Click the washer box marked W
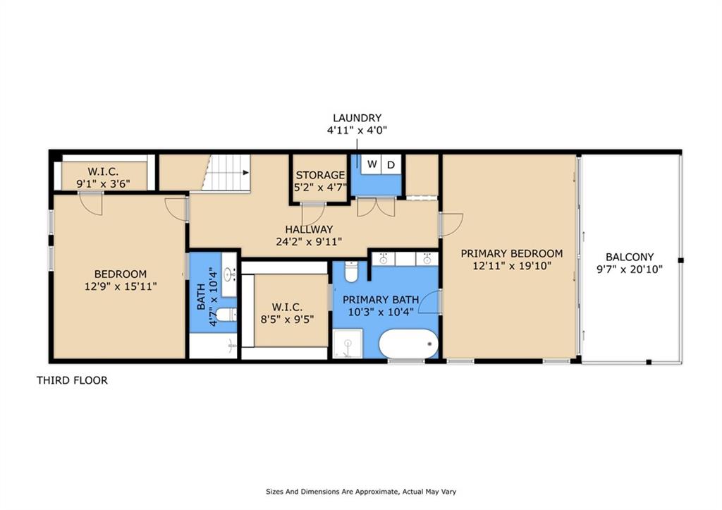pyautogui.click(x=372, y=165)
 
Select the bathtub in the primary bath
pyautogui.click(x=408, y=344)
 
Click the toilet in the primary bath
pyautogui.click(x=352, y=272)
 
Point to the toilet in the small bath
pyautogui.click(x=225, y=314)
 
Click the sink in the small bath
pyautogui.click(x=228, y=274)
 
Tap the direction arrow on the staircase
pyautogui.click(x=245, y=172)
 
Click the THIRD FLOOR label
pyautogui.click(x=72, y=380)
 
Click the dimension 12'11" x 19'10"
pyautogui.click(x=511, y=266)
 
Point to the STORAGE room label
pyautogui.click(x=320, y=175)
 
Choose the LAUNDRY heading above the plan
pyautogui.click(x=357, y=118)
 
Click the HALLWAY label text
pyautogui.click(x=309, y=229)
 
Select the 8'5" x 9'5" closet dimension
pyautogui.click(x=287, y=319)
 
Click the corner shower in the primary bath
pyautogui.click(x=346, y=346)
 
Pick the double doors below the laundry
pyautogui.click(x=375, y=208)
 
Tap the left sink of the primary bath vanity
pyautogui.click(x=384, y=259)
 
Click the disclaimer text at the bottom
pyautogui.click(x=364, y=492)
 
